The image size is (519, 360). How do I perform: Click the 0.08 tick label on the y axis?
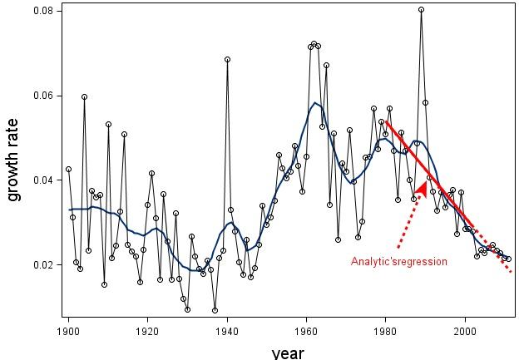(43, 11)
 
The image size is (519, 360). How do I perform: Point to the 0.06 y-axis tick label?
(43, 96)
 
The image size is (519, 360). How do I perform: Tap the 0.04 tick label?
(43, 180)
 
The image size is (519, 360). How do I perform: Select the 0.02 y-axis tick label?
(43, 264)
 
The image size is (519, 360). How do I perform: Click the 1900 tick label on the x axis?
(68, 331)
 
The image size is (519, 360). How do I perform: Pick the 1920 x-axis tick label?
(147, 331)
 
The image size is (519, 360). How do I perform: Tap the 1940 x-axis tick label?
(227, 331)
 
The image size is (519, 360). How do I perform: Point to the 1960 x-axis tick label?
(307, 331)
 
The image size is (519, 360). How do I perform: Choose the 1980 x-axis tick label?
(386, 331)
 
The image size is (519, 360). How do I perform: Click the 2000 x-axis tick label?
(465, 331)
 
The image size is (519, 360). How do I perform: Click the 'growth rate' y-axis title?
(12, 160)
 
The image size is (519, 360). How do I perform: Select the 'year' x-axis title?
(288, 353)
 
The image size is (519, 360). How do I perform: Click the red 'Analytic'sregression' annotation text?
(399, 261)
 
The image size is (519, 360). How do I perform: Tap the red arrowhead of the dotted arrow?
(422, 189)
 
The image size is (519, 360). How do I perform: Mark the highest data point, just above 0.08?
(421, 10)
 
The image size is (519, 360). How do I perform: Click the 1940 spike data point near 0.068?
(227, 60)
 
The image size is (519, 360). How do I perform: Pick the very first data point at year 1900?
(68, 169)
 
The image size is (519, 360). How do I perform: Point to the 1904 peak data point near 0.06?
(84, 97)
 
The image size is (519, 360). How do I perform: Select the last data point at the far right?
(509, 259)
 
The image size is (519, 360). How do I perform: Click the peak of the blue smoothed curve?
(315, 102)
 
